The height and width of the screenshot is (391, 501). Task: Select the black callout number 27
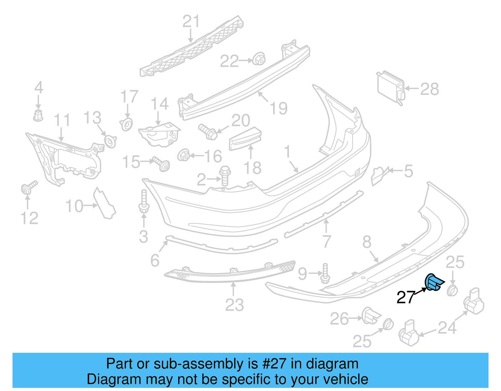(405, 297)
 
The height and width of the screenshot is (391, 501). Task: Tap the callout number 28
(429, 89)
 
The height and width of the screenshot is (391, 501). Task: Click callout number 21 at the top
(191, 22)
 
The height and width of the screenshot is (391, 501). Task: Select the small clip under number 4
(38, 115)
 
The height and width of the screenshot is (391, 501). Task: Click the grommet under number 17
(127, 124)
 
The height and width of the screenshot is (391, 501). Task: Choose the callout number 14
(160, 104)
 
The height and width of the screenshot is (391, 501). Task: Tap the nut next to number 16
(184, 155)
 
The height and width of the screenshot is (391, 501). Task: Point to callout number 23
(234, 305)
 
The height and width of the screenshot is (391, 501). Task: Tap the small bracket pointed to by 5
(379, 176)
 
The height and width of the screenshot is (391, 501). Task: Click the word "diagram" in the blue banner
(332, 364)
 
